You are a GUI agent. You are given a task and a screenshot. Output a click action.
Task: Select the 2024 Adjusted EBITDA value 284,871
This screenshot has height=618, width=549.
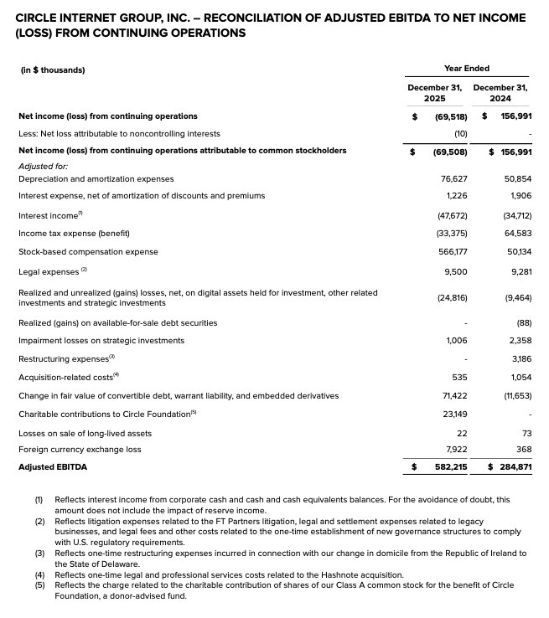click(x=513, y=466)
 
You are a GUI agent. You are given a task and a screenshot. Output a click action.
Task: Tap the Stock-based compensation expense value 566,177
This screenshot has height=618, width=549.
click(x=450, y=251)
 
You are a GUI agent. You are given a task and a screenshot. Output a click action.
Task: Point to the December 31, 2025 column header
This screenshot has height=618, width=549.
click(x=434, y=92)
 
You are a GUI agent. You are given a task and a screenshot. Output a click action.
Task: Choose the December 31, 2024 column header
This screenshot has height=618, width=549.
click(x=500, y=92)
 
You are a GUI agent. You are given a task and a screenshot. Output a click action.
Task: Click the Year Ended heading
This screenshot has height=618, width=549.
click(x=467, y=69)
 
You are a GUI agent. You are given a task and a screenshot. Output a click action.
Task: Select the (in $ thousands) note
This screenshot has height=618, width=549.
click(x=52, y=70)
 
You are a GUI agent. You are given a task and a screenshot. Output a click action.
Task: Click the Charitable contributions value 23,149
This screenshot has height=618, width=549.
click(x=453, y=414)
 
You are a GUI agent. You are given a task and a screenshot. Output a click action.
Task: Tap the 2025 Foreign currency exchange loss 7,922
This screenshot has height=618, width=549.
click(x=455, y=449)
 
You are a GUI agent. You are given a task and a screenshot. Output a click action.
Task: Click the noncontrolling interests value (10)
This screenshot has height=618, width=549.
click(x=460, y=133)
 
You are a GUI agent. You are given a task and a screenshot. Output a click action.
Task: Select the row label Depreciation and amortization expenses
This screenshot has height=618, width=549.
click(x=96, y=178)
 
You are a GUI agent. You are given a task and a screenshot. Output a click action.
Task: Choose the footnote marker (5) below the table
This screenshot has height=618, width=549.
click(x=39, y=585)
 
